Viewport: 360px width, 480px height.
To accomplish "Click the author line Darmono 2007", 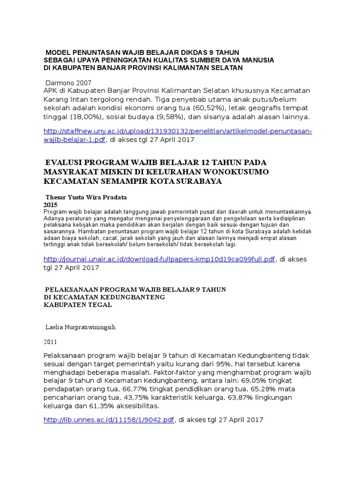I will click(x=68, y=82).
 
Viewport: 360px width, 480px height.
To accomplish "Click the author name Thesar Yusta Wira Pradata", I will click(x=86, y=197).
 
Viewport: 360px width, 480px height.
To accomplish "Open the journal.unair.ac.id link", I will click(x=159, y=259).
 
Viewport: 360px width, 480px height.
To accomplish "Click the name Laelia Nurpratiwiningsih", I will click(x=80, y=327).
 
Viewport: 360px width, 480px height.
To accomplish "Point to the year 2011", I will click(x=51, y=342).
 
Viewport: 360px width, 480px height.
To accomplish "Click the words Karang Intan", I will click(x=63, y=99).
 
